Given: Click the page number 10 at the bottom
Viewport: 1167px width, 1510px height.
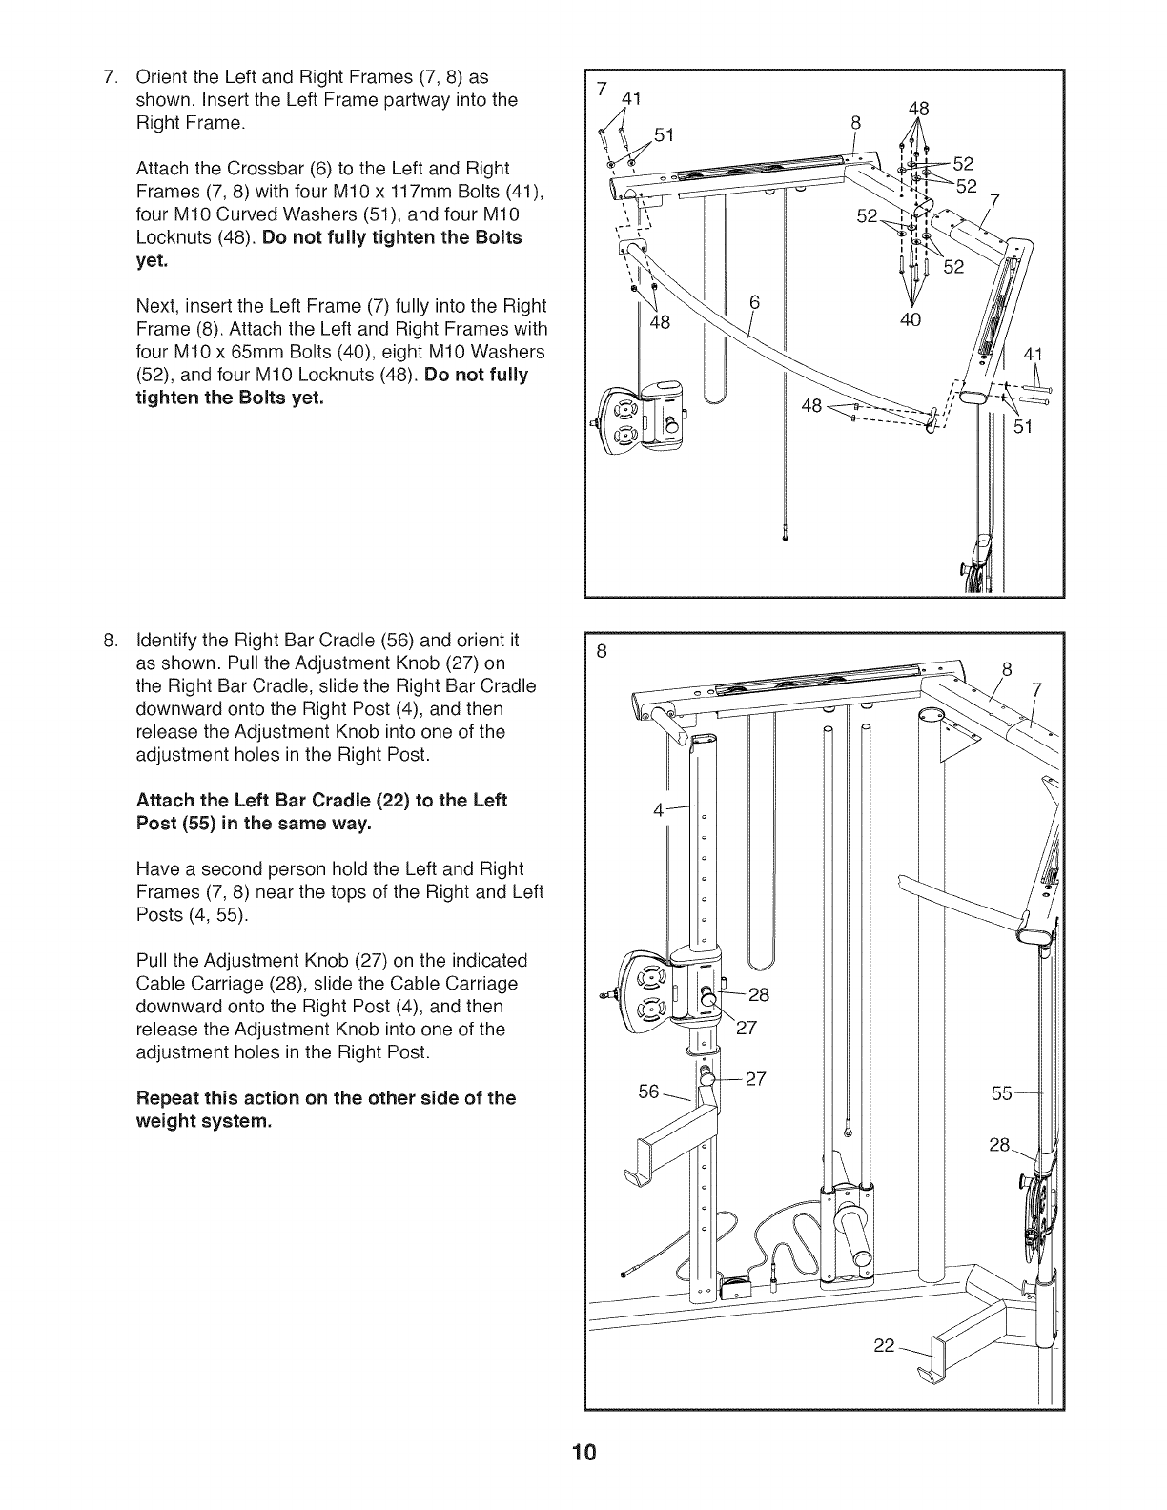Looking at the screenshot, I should click(583, 1453).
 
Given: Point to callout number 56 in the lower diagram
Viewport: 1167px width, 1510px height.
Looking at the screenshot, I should click(648, 1091).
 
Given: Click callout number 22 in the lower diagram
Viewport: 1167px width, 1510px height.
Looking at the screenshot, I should click(884, 1345).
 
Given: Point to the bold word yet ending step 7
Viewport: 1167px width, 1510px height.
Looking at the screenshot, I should click(151, 260).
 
